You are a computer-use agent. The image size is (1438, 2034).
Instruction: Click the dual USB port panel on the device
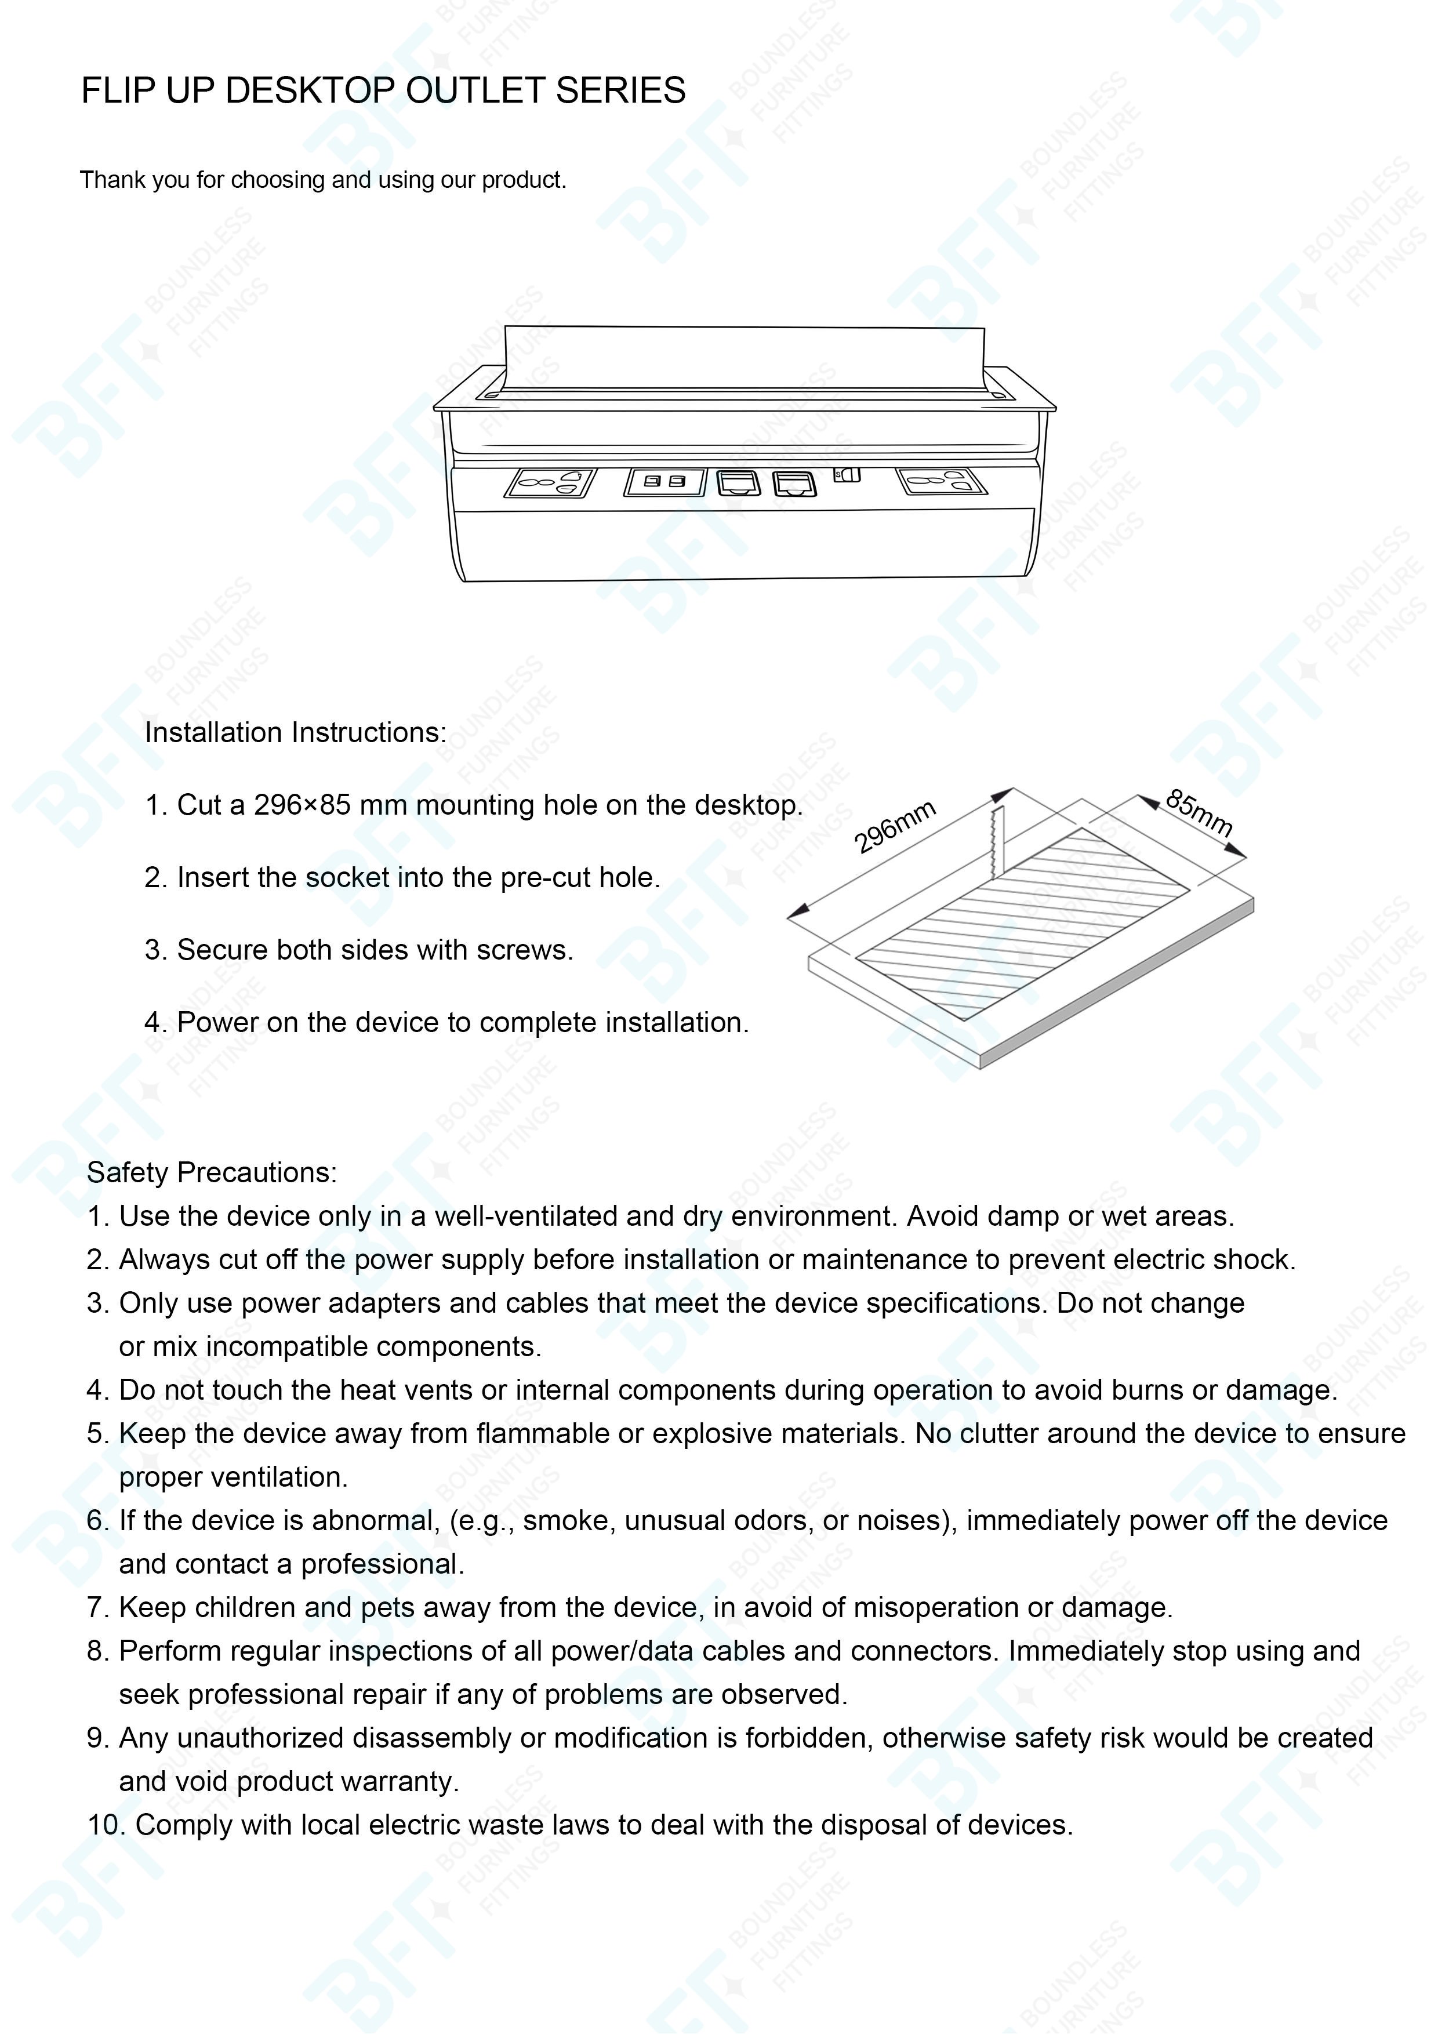(x=664, y=482)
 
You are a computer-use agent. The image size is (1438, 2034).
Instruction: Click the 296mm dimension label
(x=895, y=827)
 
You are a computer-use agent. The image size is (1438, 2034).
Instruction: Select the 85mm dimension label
(x=1199, y=812)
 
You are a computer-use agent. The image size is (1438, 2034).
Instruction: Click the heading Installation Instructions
(x=296, y=733)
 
